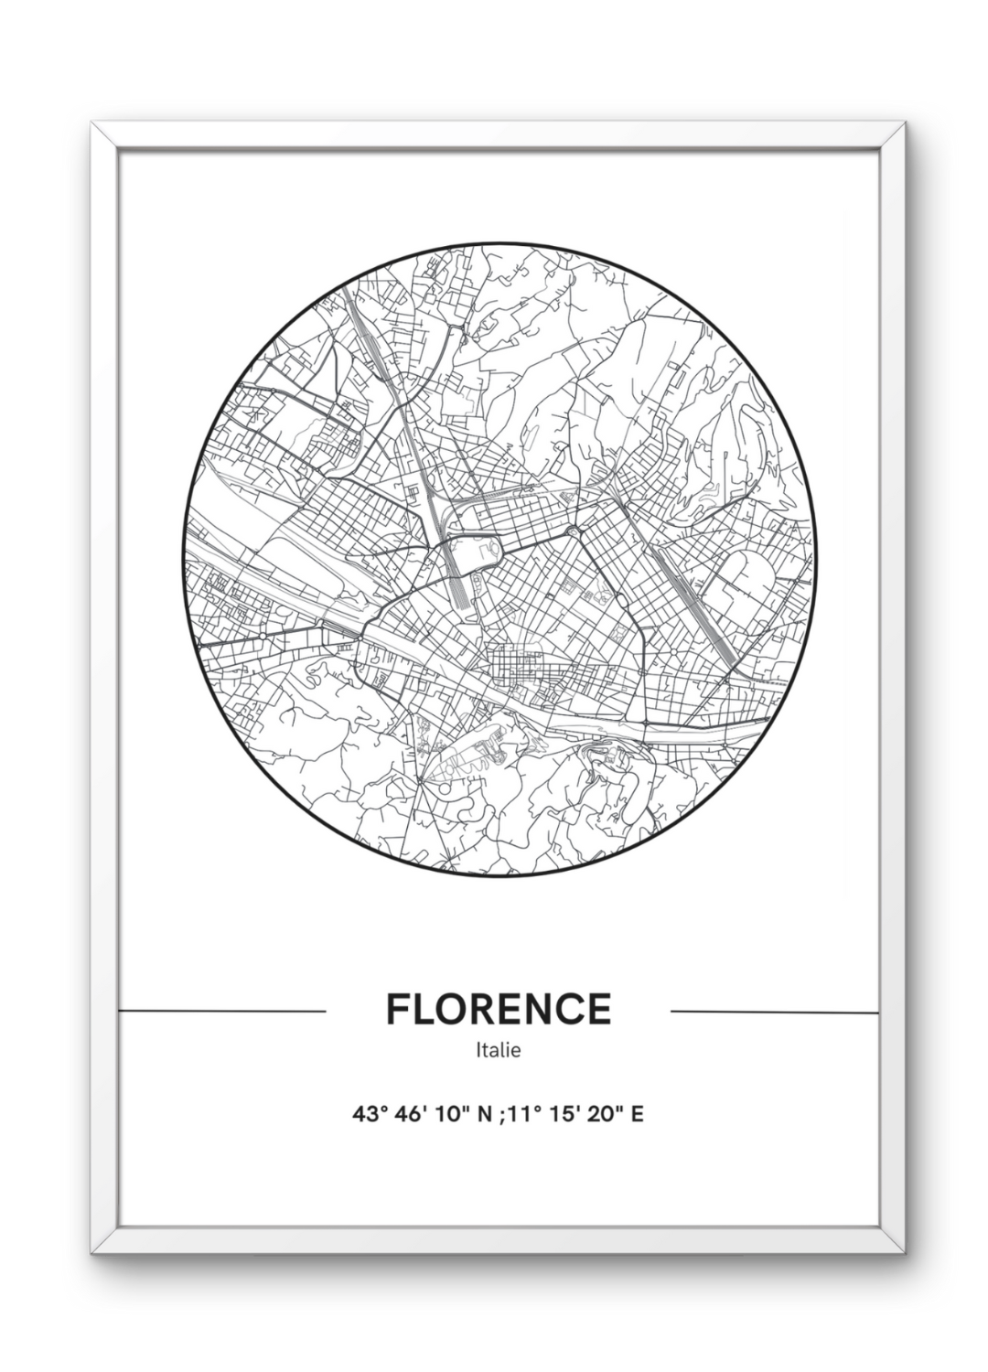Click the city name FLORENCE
(499, 1009)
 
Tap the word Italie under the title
(499, 1050)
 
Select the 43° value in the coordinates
(370, 1115)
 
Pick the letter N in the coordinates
(485, 1115)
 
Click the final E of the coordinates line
(638, 1115)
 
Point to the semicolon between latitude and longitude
(500, 1116)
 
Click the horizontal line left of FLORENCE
(222, 1012)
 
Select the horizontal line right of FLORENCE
(775, 1012)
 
